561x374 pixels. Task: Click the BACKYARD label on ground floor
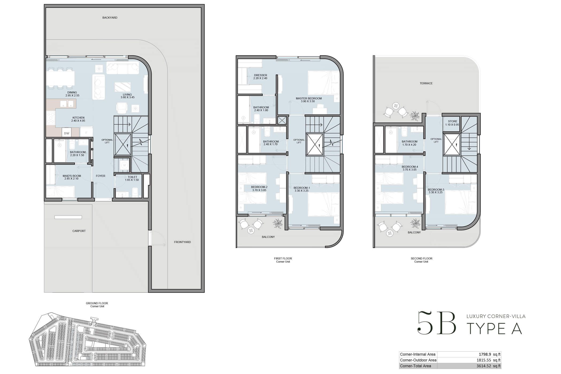(x=110, y=18)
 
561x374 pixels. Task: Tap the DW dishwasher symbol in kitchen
(x=67, y=133)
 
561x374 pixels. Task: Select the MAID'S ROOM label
(x=72, y=176)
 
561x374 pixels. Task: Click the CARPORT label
(x=79, y=231)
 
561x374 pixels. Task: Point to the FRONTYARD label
(x=182, y=242)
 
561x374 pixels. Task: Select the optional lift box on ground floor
(x=123, y=144)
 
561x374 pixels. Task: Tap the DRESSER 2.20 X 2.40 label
(x=260, y=77)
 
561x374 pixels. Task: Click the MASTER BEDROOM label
(x=308, y=98)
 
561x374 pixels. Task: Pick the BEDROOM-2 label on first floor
(x=259, y=187)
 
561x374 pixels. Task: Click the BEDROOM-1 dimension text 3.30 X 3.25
(x=301, y=191)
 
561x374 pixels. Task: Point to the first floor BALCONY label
(x=268, y=237)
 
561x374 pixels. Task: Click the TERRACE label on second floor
(x=426, y=83)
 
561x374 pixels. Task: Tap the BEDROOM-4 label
(x=409, y=167)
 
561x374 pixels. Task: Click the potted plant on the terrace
(x=415, y=116)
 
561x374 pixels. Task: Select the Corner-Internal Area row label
(x=417, y=354)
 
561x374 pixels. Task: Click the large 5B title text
(x=437, y=323)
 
